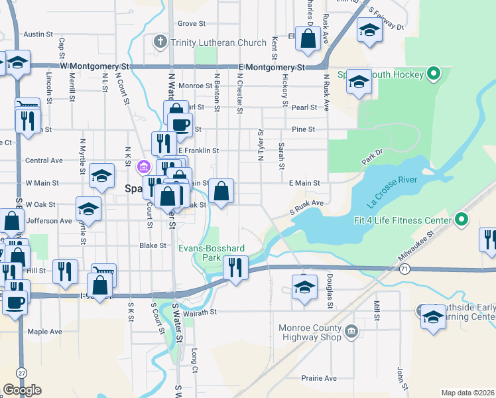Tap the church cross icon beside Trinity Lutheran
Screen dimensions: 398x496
point(159,42)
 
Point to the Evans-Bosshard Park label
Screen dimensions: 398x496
point(212,252)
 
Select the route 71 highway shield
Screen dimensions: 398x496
point(404,268)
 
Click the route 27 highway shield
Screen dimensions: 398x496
point(22,373)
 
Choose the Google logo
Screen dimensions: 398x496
point(22,390)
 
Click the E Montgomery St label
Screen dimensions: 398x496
point(273,67)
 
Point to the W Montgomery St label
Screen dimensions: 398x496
point(94,67)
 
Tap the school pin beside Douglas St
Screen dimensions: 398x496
point(304,288)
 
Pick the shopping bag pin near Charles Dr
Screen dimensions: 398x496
point(309,39)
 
